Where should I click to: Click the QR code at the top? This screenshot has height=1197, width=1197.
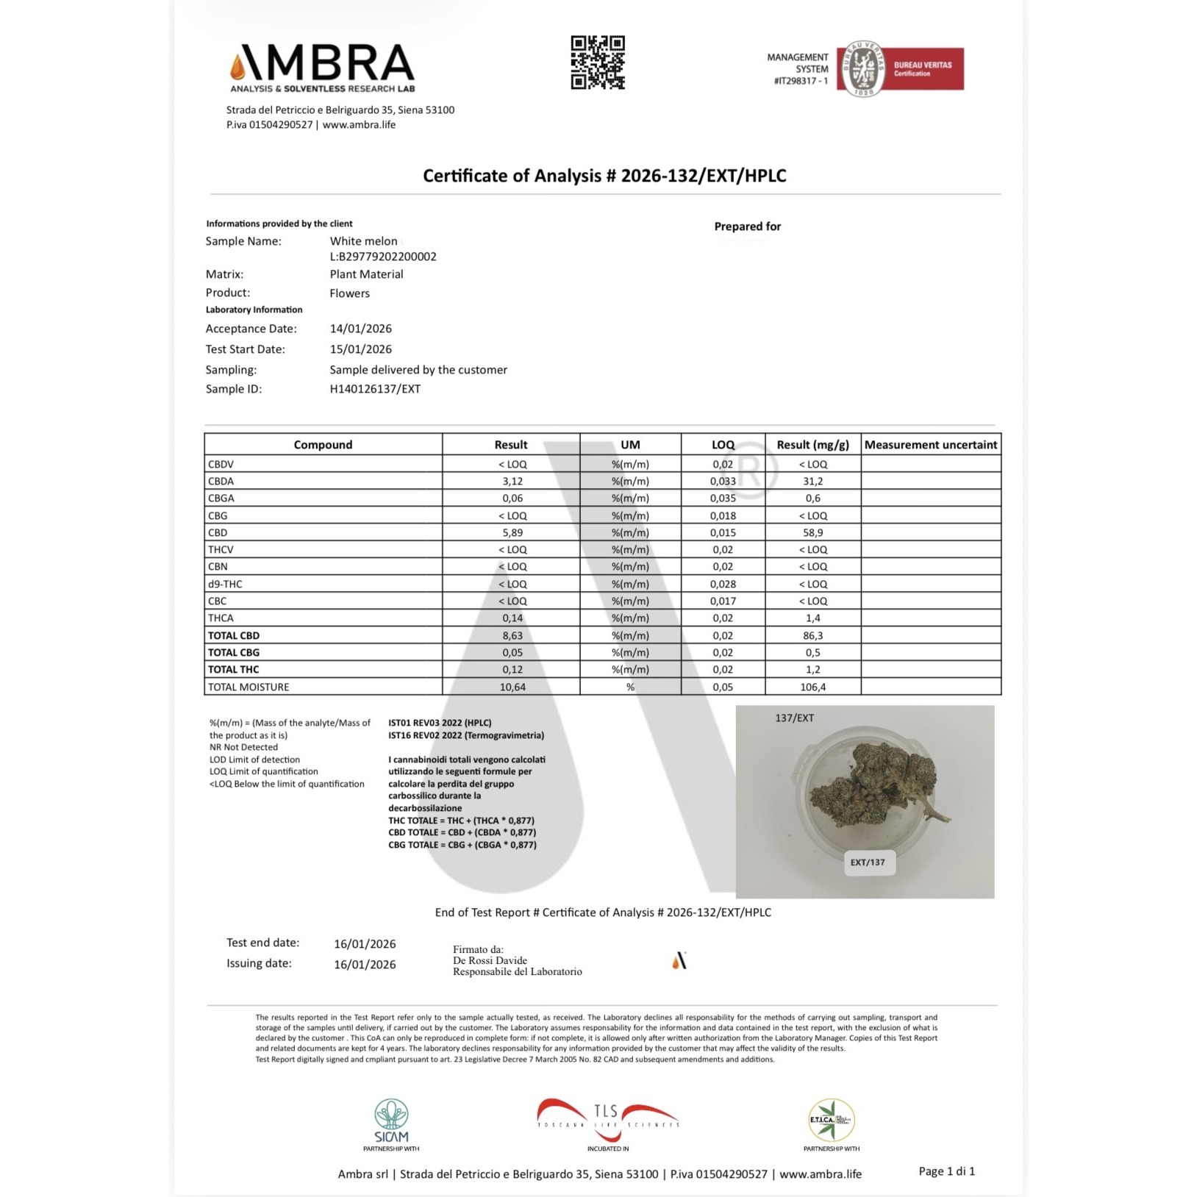[598, 62]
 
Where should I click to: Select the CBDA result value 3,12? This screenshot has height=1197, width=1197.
[512, 482]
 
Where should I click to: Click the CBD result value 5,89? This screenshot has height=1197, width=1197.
[512, 533]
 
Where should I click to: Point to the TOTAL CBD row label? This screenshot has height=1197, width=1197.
[234, 636]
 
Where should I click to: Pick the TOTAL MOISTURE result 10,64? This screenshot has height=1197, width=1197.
[512, 687]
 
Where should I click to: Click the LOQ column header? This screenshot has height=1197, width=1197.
[723, 445]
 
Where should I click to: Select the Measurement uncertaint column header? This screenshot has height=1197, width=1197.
[930, 445]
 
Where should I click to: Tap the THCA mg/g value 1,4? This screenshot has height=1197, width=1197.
[812, 618]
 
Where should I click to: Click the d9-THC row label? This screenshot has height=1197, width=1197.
[225, 585]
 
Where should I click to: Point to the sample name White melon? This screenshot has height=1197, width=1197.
[363, 241]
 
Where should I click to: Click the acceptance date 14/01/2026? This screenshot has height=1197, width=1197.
[360, 329]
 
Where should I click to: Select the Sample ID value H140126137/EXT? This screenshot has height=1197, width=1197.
[375, 389]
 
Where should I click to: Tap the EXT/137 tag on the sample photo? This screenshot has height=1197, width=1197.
[868, 862]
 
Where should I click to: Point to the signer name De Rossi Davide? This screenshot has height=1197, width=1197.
[490, 960]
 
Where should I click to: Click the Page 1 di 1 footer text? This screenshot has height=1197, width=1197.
[946, 1171]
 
